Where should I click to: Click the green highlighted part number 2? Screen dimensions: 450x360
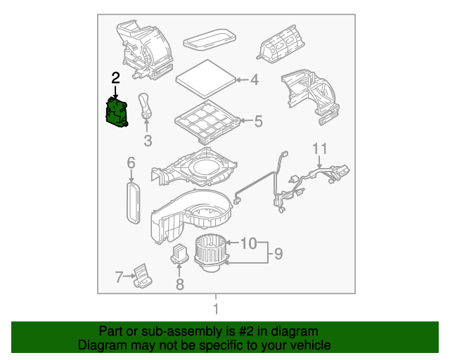(x=117, y=112)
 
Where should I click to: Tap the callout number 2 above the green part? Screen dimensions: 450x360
(x=115, y=78)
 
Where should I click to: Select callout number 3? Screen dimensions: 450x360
(x=148, y=141)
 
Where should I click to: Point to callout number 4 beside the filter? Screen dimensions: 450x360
(x=255, y=79)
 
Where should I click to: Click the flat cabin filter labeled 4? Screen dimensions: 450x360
(x=205, y=78)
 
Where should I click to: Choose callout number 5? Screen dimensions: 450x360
(x=258, y=121)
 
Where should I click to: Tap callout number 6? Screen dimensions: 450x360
(x=131, y=163)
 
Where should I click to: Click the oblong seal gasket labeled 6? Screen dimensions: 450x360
(x=134, y=202)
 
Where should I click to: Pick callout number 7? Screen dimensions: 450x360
(x=119, y=277)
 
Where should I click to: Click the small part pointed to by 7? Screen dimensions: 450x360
(x=143, y=276)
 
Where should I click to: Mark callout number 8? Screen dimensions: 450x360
(x=180, y=284)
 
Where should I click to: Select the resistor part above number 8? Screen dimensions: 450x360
(x=180, y=254)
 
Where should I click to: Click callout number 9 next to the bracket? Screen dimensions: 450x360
(x=278, y=254)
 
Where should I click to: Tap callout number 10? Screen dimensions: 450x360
(x=248, y=243)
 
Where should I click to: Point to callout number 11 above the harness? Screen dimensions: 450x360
(x=319, y=148)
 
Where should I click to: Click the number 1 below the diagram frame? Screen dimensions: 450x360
(x=216, y=309)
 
